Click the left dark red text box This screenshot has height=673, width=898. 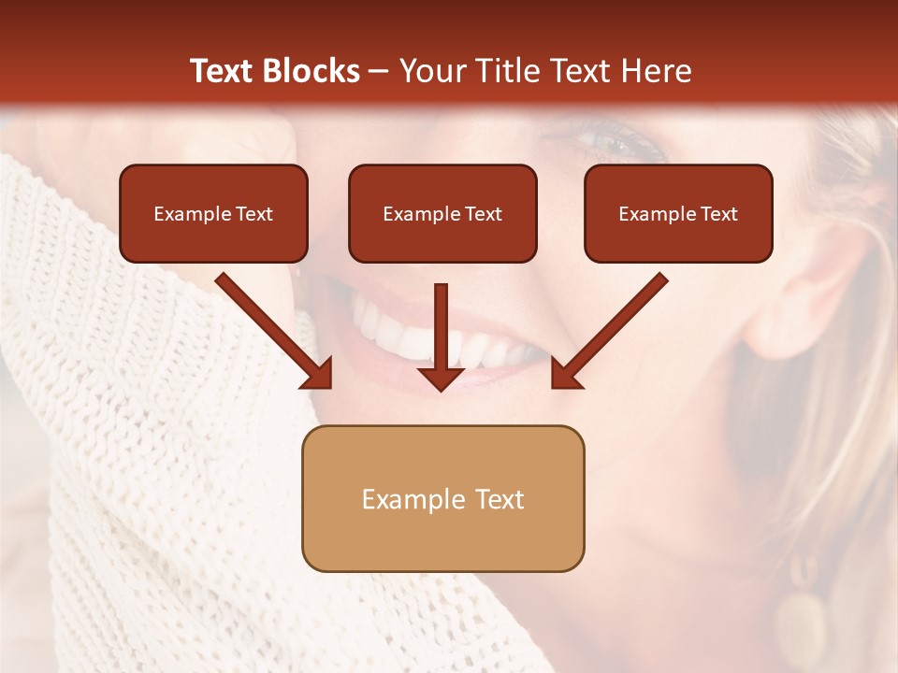pyautogui.click(x=213, y=213)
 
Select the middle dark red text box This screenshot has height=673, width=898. pyautogui.click(x=442, y=213)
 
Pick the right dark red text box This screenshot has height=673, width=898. pyautogui.click(x=678, y=213)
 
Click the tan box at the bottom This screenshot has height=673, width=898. pyautogui.click(x=442, y=498)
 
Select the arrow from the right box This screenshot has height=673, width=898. pyautogui.click(x=609, y=331)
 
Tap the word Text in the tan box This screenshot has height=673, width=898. pyautogui.click(x=500, y=499)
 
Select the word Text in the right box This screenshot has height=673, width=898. pyautogui.click(x=718, y=214)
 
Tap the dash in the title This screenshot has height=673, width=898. pyautogui.click(x=379, y=71)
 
